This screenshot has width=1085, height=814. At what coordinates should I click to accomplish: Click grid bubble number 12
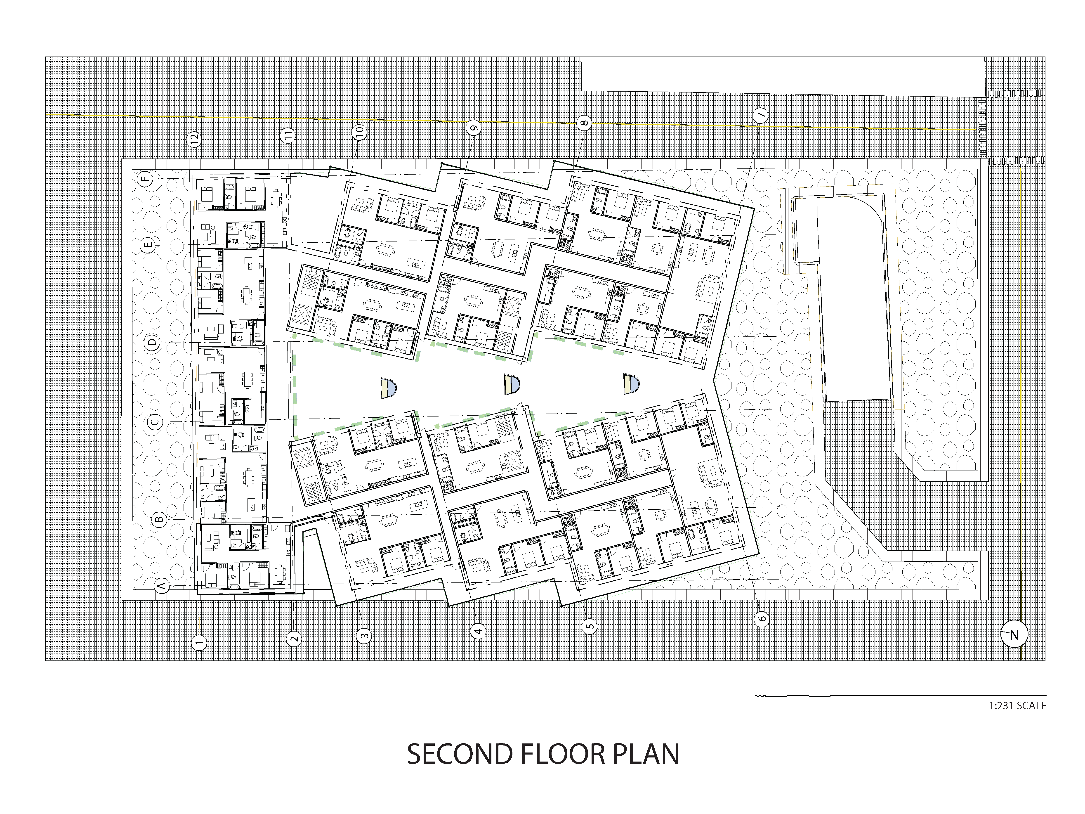[x=195, y=139]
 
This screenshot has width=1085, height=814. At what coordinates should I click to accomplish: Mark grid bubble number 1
[x=199, y=642]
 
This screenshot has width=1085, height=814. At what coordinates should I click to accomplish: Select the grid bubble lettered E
[x=149, y=245]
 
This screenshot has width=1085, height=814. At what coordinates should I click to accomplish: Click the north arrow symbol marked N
[x=1014, y=635]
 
